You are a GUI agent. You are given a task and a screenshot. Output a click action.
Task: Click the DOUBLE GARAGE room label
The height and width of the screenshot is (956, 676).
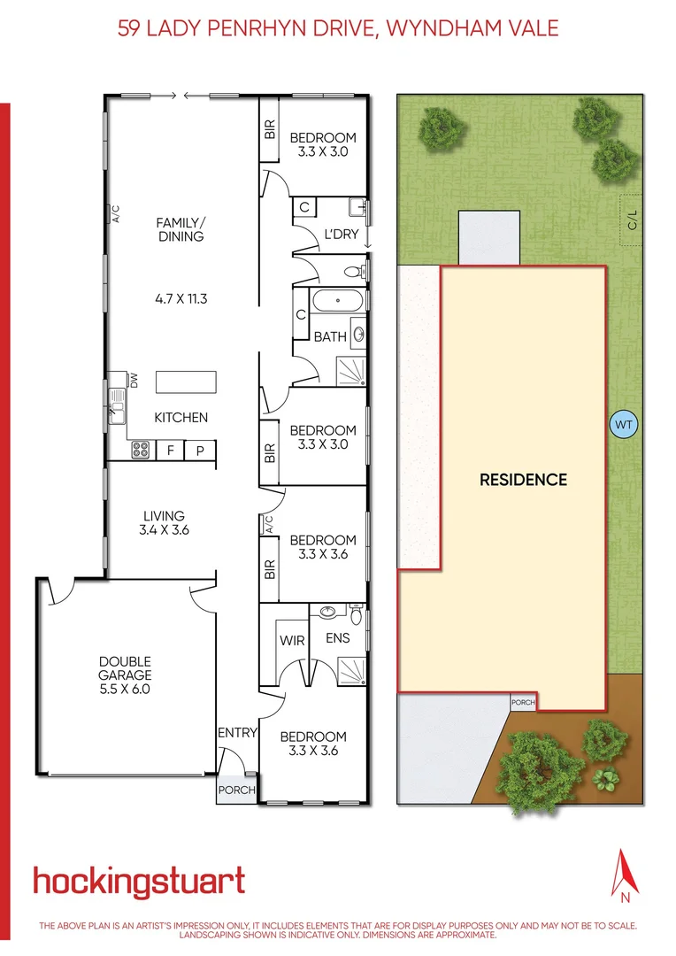pyautogui.click(x=126, y=675)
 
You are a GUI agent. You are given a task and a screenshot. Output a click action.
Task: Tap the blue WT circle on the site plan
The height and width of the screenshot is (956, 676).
pyautogui.click(x=624, y=425)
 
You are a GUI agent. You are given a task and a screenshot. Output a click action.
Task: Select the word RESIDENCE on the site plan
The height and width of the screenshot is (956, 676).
pyautogui.click(x=523, y=480)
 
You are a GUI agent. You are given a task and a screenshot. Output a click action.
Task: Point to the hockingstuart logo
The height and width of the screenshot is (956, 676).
pyautogui.click(x=139, y=882)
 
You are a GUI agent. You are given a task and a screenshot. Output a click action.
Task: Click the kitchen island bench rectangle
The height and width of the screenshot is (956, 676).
pyautogui.click(x=186, y=382)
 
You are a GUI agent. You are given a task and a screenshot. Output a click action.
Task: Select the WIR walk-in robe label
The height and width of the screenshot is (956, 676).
pyautogui.click(x=292, y=639)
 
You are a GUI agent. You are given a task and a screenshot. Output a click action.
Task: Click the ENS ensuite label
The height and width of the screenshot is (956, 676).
pyautogui.click(x=338, y=638)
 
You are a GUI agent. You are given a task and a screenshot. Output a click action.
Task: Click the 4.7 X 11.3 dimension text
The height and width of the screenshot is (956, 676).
pyautogui.click(x=181, y=299)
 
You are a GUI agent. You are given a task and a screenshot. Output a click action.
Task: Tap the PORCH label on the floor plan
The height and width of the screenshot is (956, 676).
pyautogui.click(x=236, y=790)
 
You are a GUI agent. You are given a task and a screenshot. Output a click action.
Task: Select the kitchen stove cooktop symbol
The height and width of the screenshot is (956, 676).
pyautogui.click(x=141, y=451)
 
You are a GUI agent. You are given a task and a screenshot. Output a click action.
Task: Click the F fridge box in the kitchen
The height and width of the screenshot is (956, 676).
pyautogui.click(x=171, y=451)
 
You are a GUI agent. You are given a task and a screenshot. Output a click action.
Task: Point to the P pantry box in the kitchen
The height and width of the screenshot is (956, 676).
pyautogui.click(x=201, y=451)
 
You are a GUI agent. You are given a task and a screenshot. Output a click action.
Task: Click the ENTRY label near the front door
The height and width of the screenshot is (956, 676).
pyautogui.click(x=237, y=733)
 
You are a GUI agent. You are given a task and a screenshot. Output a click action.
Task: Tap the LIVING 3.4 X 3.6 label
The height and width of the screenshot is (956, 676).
pyautogui.click(x=165, y=523)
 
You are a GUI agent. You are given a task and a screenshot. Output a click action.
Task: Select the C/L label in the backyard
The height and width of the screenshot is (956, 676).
pyautogui.click(x=632, y=218)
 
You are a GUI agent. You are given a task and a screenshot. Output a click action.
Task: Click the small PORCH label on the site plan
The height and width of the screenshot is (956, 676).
pyautogui.click(x=523, y=702)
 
